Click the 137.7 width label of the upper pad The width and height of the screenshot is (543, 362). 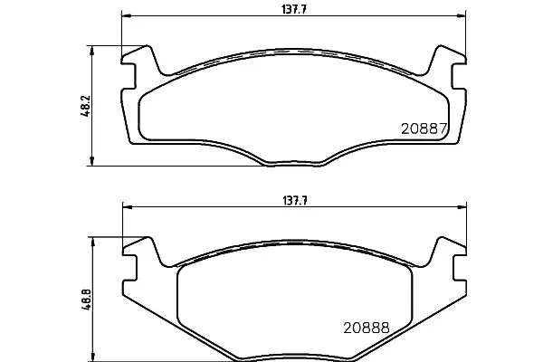294,9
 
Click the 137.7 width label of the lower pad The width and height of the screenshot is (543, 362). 295,201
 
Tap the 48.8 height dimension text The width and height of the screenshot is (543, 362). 86,299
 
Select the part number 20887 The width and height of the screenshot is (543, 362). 424,129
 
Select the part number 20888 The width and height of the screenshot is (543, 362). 367,328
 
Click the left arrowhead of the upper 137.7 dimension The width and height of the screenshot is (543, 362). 126,15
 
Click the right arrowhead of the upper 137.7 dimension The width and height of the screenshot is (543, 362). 462,15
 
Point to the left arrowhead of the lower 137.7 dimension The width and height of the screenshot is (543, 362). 128,207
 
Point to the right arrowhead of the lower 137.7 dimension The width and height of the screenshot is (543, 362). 462,207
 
